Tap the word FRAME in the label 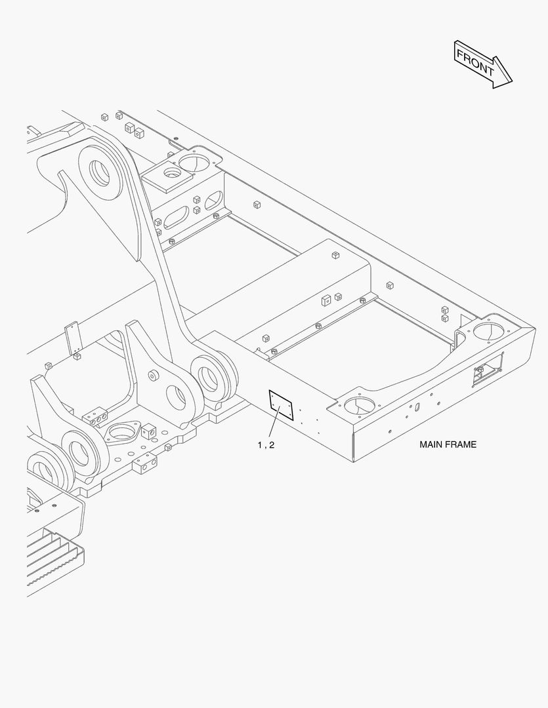tap(463, 444)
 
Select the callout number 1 tap(260, 444)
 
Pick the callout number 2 tap(272, 444)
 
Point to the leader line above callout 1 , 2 tap(272, 425)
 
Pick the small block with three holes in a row tap(96, 416)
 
